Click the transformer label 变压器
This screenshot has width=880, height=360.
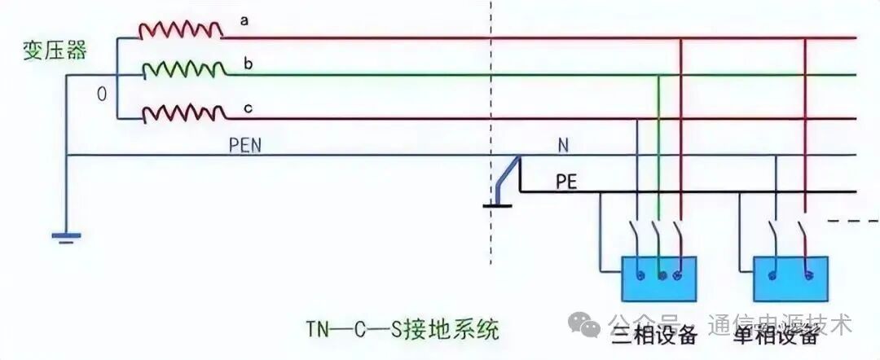point(55,50)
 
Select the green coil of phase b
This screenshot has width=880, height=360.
point(184,70)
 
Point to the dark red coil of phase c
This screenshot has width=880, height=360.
point(184,114)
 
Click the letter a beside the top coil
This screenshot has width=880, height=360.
point(244,20)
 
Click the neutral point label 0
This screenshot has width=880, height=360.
point(102,94)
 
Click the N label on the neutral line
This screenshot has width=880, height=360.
point(563,144)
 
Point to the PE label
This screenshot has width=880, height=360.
point(566,181)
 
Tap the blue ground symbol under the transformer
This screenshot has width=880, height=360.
point(65,238)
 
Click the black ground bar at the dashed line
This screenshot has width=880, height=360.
point(499,205)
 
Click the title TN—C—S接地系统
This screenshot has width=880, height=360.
point(401,331)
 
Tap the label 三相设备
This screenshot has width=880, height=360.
point(654,335)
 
